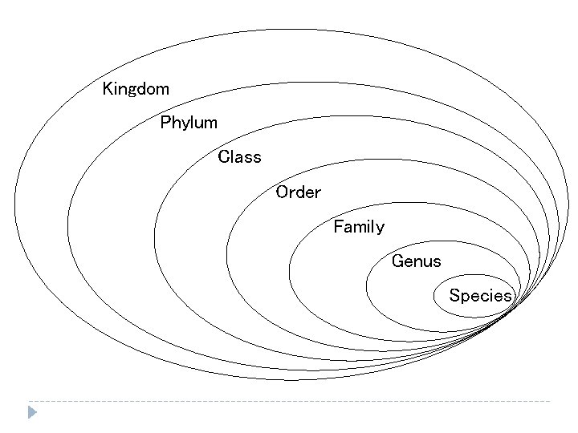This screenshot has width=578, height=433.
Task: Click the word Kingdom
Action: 136,88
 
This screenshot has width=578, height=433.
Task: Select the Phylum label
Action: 189,123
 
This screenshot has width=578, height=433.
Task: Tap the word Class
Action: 239,157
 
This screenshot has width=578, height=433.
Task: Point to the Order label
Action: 298,192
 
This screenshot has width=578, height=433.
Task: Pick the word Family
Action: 359,227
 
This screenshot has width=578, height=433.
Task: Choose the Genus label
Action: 416,261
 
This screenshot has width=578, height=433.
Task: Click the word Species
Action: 480,296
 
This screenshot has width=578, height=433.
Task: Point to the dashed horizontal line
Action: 289,400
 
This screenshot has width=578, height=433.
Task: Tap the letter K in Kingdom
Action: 108,88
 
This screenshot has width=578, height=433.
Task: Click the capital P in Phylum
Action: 165,123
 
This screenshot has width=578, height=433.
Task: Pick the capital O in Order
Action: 282,192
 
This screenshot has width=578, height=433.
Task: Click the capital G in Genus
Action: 397,261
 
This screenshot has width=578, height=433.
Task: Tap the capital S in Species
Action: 454,296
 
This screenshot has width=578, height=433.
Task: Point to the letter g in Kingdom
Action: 132,90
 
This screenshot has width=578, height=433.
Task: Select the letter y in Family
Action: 380,229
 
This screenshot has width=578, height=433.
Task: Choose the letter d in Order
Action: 300,192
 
